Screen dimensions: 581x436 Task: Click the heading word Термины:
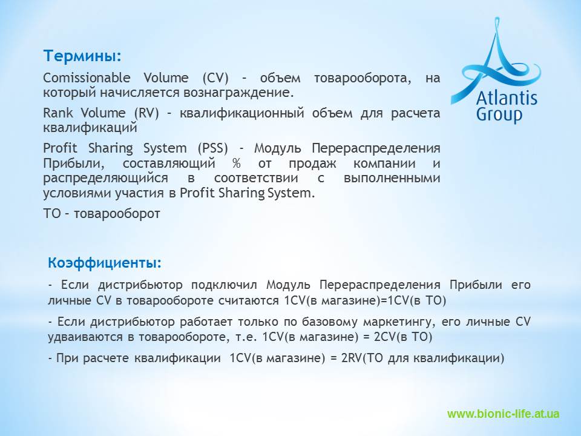[x=82, y=56]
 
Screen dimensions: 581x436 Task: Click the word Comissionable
[x=87, y=78]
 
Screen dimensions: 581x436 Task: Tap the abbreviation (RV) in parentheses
[x=146, y=113]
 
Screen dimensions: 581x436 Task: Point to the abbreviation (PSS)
[x=212, y=148]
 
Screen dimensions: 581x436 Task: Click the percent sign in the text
[x=237, y=163]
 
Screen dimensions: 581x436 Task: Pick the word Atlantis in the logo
[x=506, y=97]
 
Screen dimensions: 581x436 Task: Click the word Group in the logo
[x=499, y=114]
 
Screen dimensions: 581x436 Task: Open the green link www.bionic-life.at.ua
[x=503, y=414]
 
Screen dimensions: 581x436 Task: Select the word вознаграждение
[x=238, y=93]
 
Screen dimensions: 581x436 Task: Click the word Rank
[x=58, y=113]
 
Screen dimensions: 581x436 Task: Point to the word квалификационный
[x=241, y=113]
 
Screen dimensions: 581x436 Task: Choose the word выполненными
[x=392, y=178]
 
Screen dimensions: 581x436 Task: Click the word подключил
[x=224, y=285]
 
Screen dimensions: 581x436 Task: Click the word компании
[x=384, y=163]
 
